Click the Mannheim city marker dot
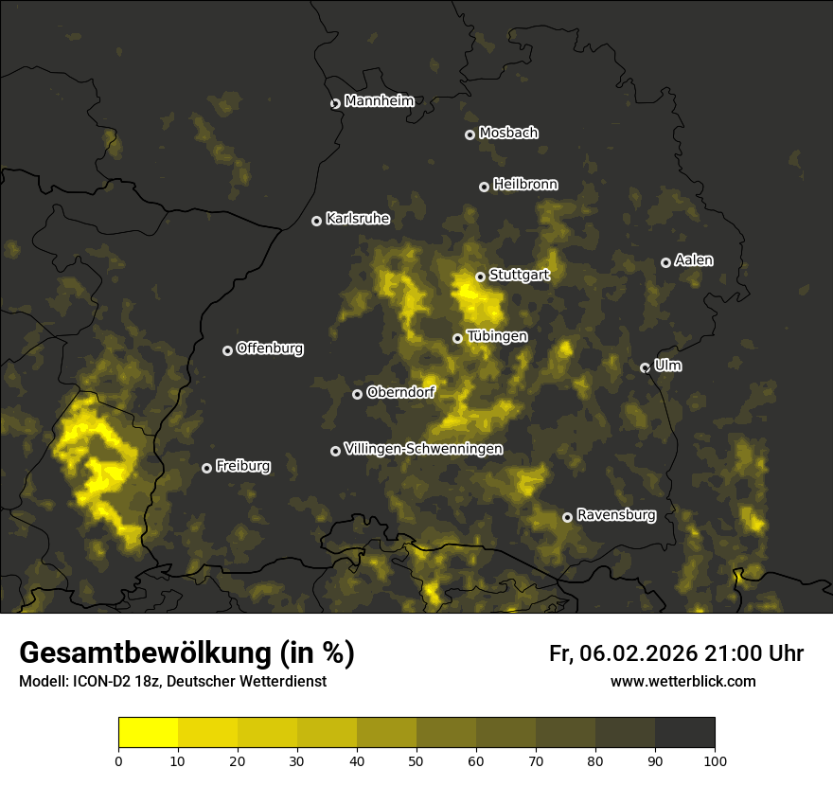(335, 104)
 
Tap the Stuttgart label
(519, 275)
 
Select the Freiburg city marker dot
(206, 468)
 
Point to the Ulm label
(667, 366)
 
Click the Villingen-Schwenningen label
(423, 449)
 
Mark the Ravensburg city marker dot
(568, 517)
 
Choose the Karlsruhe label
(358, 219)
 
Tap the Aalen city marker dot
(665, 262)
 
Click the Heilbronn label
(525, 185)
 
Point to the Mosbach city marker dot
(470, 135)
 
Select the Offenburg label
(270, 348)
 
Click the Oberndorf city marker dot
(357, 394)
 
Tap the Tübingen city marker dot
(457, 338)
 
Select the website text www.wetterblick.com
(682, 681)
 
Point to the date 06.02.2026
(639, 653)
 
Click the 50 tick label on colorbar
(416, 760)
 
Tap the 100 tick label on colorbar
(715, 760)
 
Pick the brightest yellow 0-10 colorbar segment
(148, 733)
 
